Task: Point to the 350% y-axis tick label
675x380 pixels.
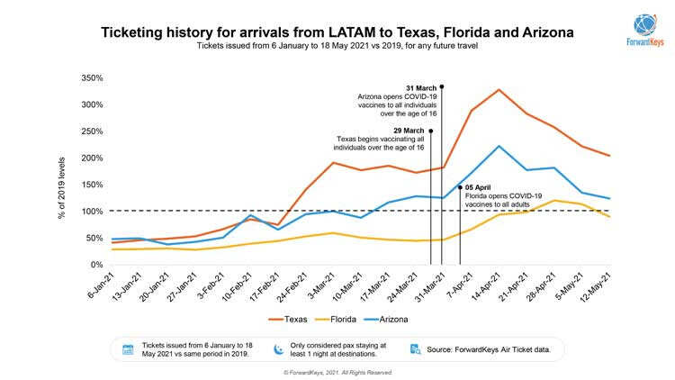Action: click(x=92, y=78)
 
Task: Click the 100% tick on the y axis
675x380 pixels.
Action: click(x=92, y=212)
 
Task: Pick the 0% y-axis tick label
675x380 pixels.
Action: click(x=95, y=265)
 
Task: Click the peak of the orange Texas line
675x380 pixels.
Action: click(x=499, y=89)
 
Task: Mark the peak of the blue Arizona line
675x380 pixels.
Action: click(x=499, y=146)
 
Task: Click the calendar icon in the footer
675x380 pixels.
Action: click(x=128, y=348)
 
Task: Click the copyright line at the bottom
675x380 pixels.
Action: click(x=337, y=371)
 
